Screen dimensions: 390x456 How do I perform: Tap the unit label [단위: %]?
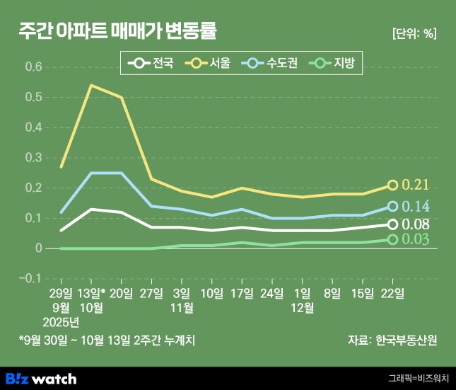(414, 33)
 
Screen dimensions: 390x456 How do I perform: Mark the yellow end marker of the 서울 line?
(394, 185)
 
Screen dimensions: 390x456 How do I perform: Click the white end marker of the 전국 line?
(394, 224)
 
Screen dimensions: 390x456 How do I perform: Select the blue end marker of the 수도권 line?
(394, 206)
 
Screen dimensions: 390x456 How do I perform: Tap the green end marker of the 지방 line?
(394, 239)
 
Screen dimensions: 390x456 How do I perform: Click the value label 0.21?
(416, 185)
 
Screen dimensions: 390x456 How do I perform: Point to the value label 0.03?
(416, 239)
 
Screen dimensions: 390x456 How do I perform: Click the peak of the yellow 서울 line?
(92, 85)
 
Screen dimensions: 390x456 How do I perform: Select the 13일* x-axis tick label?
(92, 293)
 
